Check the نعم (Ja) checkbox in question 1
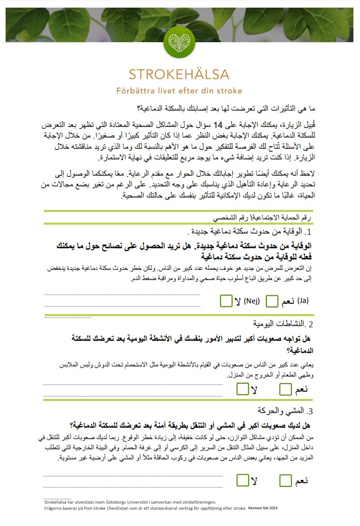pos(272,301)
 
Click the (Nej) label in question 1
pos(252,301)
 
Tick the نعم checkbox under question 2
pos(286,390)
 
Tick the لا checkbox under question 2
pos(243,390)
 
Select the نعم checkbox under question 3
pos(286,480)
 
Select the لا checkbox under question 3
pos(243,480)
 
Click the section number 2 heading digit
pos(311,324)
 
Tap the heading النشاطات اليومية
pos(278,323)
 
